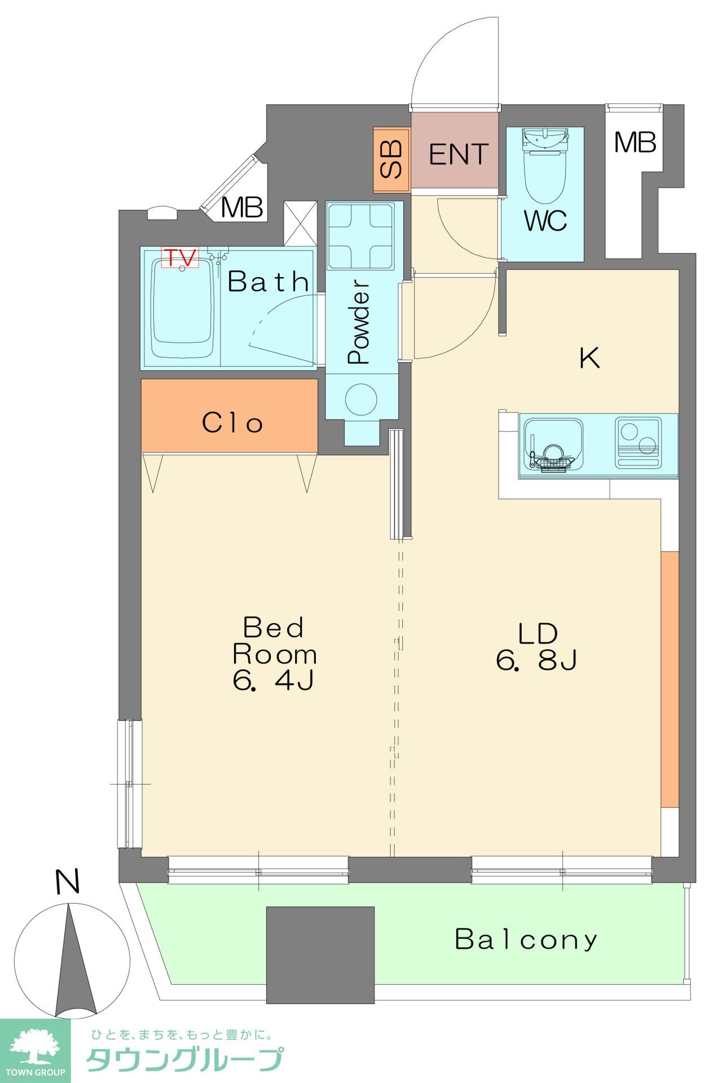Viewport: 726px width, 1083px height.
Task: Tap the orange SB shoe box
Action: tap(391, 160)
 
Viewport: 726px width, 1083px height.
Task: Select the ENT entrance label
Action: tap(458, 155)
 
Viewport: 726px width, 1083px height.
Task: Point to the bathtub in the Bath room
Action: tap(182, 307)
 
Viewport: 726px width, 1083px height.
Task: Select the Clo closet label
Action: tap(232, 422)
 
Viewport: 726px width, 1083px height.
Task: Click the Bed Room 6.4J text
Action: tap(274, 654)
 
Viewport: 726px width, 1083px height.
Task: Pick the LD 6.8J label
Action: tap(536, 646)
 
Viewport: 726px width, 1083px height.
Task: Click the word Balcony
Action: tap(526, 939)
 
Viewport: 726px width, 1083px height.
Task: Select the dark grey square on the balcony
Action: tap(320, 955)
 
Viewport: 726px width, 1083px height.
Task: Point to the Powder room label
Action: tap(359, 323)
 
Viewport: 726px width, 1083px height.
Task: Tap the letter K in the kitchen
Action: tap(590, 358)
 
